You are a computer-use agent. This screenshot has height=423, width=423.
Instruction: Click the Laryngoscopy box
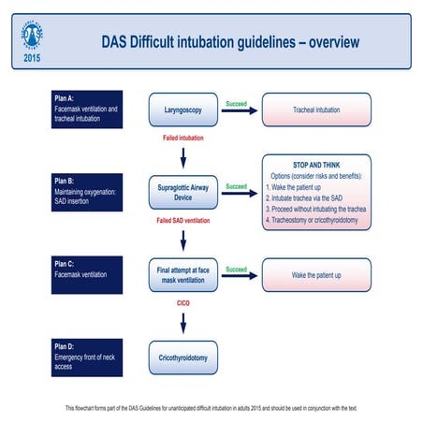pyautogui.click(x=182, y=109)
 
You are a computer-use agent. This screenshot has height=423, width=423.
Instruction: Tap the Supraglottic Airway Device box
pyautogui.click(x=182, y=192)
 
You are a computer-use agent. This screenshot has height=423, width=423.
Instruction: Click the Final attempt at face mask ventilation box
pyautogui.click(x=182, y=275)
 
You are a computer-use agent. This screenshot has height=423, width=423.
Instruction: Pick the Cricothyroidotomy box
pyautogui.click(x=182, y=357)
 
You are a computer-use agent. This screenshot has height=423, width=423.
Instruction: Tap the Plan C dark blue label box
pyautogui.click(x=87, y=275)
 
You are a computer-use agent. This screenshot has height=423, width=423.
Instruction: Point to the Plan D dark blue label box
pyautogui.click(x=87, y=357)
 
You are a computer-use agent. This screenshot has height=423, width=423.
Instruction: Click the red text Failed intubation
pyautogui.click(x=182, y=139)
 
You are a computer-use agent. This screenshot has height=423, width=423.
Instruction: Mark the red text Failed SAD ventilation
pyautogui.click(x=182, y=221)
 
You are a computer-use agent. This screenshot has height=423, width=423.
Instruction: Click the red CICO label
pyautogui.click(x=182, y=303)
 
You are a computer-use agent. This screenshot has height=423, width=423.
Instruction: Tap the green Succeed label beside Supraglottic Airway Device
pyautogui.click(x=237, y=186)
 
